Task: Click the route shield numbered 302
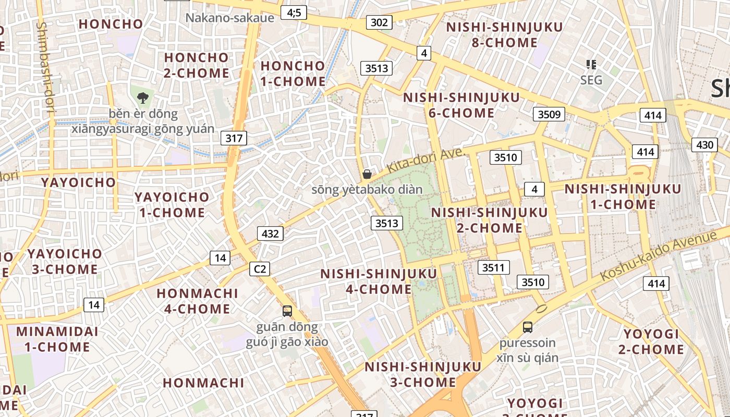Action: click(x=379, y=22)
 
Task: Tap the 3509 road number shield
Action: click(x=549, y=114)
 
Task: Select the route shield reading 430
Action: click(x=704, y=145)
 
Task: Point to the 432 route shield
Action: click(x=270, y=234)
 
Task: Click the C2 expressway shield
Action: click(x=260, y=269)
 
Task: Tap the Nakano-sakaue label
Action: click(x=230, y=18)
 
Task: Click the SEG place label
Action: click(x=591, y=80)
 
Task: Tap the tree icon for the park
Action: click(x=142, y=97)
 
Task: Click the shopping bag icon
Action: click(x=367, y=174)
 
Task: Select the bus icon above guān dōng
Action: click(x=287, y=311)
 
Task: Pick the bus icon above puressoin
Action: click(x=527, y=327)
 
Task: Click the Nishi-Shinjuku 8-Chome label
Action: click(x=504, y=35)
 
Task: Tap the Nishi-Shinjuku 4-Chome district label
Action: click(x=379, y=281)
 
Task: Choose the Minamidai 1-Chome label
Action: click(x=57, y=339)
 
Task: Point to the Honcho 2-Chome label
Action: click(x=196, y=65)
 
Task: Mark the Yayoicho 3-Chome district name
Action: click(x=65, y=262)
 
